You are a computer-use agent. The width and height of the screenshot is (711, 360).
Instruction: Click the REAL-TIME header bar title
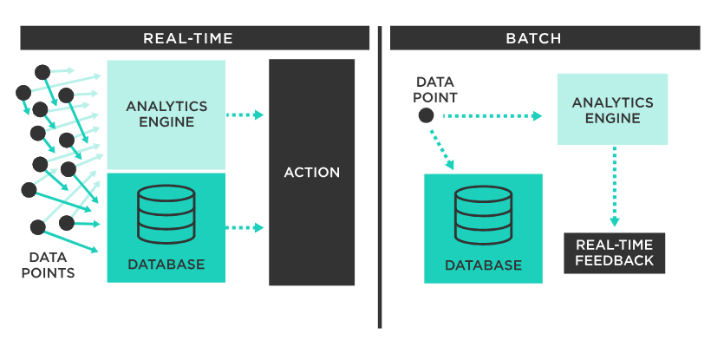pos(188,38)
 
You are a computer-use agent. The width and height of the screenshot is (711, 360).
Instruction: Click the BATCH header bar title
pos(533,38)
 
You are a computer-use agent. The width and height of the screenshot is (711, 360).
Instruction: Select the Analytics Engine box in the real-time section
pos(166,114)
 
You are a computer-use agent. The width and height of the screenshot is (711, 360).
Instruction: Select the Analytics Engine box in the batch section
pos(612,109)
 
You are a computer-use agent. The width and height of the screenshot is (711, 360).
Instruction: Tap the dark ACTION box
pos(311,173)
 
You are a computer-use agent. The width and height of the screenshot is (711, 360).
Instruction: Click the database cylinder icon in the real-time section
pos(166,214)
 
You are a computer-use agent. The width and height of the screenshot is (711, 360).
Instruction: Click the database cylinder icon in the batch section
pos(483,216)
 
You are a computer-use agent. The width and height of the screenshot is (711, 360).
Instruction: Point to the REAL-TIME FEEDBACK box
pos(614,252)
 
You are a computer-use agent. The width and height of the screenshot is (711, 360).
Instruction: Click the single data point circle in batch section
pos(426,115)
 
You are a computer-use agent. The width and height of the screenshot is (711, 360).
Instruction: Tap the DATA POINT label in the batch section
pos(436,89)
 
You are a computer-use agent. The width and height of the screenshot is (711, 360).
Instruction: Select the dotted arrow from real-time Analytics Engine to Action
pos(245,115)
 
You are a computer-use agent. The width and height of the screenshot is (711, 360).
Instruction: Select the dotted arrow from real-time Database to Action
pos(245,227)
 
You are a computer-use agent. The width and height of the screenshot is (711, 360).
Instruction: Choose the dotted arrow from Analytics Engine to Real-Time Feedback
pos(614,187)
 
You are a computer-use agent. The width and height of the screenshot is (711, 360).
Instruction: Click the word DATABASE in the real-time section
pos(166,264)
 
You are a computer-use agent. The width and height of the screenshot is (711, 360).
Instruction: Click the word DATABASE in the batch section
pos(483,265)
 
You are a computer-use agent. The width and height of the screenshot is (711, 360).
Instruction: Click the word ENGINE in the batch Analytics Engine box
pos(612,118)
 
